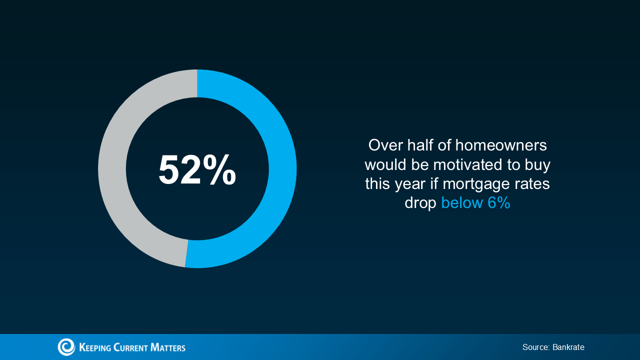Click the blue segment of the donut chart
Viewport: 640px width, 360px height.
(x=282, y=168)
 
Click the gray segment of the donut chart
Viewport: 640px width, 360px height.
(x=112, y=168)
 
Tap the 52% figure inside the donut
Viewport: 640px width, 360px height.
(x=197, y=170)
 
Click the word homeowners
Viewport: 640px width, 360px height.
(x=501, y=145)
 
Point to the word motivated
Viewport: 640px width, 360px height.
(x=467, y=164)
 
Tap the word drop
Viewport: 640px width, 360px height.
(x=420, y=203)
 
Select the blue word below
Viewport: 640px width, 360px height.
(x=461, y=203)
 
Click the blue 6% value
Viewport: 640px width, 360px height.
(x=498, y=203)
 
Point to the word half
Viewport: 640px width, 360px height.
(x=420, y=145)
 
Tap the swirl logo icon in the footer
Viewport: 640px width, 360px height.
(x=66, y=347)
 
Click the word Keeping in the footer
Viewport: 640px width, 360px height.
(x=94, y=347)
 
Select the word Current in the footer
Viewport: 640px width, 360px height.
(x=130, y=347)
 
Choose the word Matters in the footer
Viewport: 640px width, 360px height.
(x=168, y=347)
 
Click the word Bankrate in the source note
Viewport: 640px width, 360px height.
(x=568, y=347)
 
